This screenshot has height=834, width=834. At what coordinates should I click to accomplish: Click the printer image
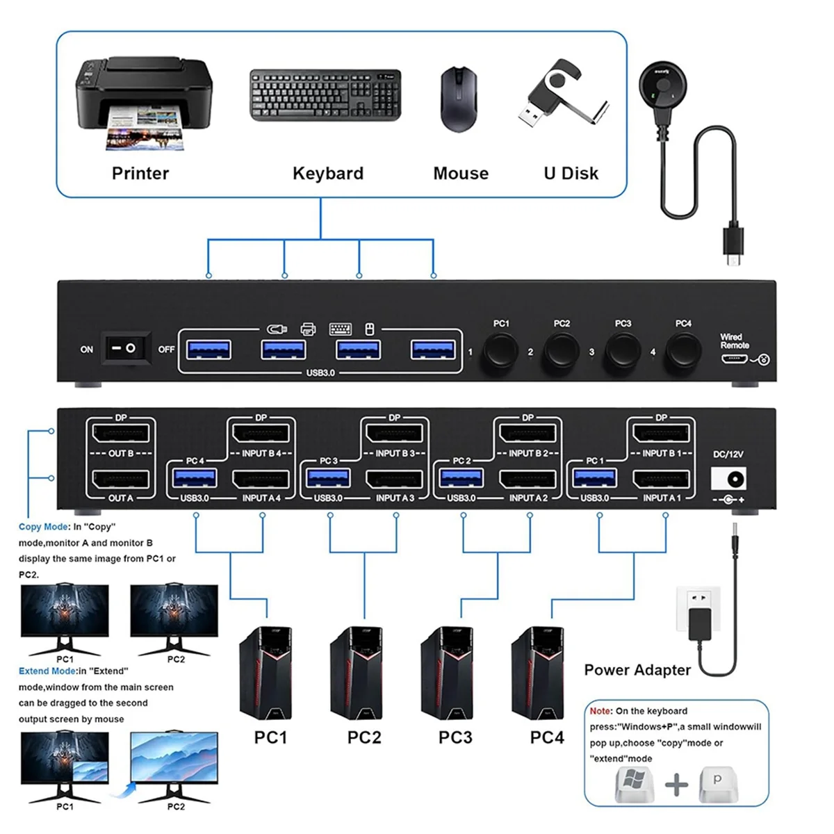click(142, 101)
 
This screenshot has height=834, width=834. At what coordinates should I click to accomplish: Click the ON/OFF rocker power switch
click(128, 348)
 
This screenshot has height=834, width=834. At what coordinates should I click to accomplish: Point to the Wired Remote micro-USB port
click(733, 359)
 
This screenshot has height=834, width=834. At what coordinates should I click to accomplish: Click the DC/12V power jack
click(729, 479)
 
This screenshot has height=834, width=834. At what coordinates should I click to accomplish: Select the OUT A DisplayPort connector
click(121, 480)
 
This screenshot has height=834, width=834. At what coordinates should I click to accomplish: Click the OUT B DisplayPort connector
click(121, 435)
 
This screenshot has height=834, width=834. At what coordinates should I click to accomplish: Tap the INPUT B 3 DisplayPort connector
click(394, 435)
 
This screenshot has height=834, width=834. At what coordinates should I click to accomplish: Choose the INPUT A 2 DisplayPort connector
click(528, 480)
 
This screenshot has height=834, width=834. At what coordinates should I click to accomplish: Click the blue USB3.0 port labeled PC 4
click(195, 478)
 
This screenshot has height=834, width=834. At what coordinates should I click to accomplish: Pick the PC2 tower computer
click(357, 673)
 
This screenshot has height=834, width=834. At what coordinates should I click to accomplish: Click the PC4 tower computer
click(538, 673)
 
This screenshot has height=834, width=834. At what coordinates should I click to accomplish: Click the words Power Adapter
click(637, 670)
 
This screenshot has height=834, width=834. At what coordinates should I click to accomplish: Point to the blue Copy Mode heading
click(44, 527)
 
